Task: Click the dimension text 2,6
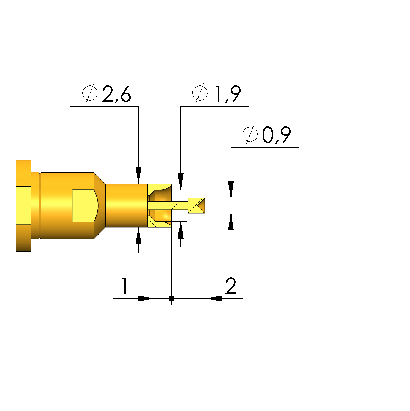(x=116, y=94)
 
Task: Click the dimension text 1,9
(x=227, y=94)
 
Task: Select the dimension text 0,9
(x=276, y=135)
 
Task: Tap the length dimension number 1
(x=125, y=286)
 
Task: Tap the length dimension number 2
(x=231, y=286)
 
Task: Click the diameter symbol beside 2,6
(x=90, y=93)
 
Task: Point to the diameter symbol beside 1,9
(x=200, y=93)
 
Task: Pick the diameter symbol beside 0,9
(x=250, y=134)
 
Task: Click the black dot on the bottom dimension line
(x=171, y=298)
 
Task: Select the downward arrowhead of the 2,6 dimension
(x=138, y=175)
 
